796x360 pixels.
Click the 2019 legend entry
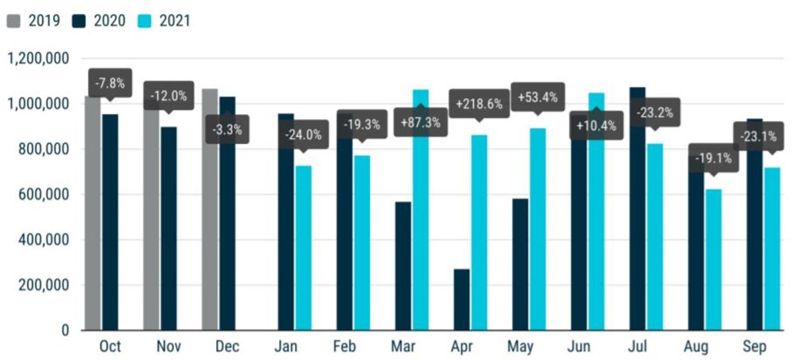coord(34,21)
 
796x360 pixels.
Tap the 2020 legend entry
coord(99,21)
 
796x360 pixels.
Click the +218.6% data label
coord(480,103)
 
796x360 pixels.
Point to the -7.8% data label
coord(109,84)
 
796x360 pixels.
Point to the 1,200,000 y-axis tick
coord(37,58)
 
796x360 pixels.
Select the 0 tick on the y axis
coord(66,330)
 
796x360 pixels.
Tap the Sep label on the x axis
coord(755,347)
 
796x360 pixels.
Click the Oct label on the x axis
coord(109,347)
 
